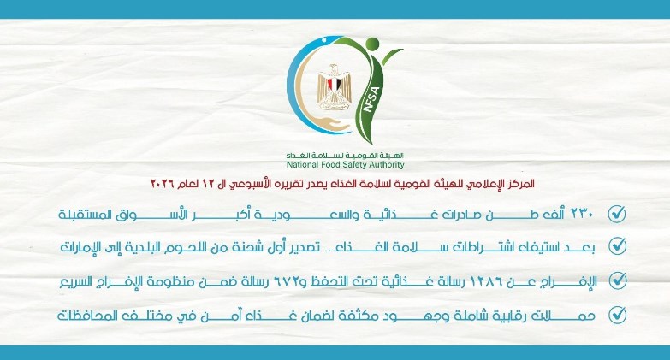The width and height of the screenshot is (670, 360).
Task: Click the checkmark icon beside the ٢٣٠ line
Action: pyautogui.click(x=616, y=214)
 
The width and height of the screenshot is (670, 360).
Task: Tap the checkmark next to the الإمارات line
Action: pyautogui.click(x=616, y=246)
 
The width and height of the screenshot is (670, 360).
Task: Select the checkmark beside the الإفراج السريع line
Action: pyautogui.click(x=616, y=280)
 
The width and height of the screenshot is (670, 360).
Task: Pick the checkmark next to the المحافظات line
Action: pyautogui.click(x=616, y=315)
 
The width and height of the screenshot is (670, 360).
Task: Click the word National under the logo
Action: pyautogui.click(x=305, y=164)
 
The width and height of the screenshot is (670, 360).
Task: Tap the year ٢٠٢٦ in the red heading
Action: pyautogui.click(x=163, y=184)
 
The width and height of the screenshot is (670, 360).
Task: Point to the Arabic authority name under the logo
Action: pyautogui.click(x=346, y=154)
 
